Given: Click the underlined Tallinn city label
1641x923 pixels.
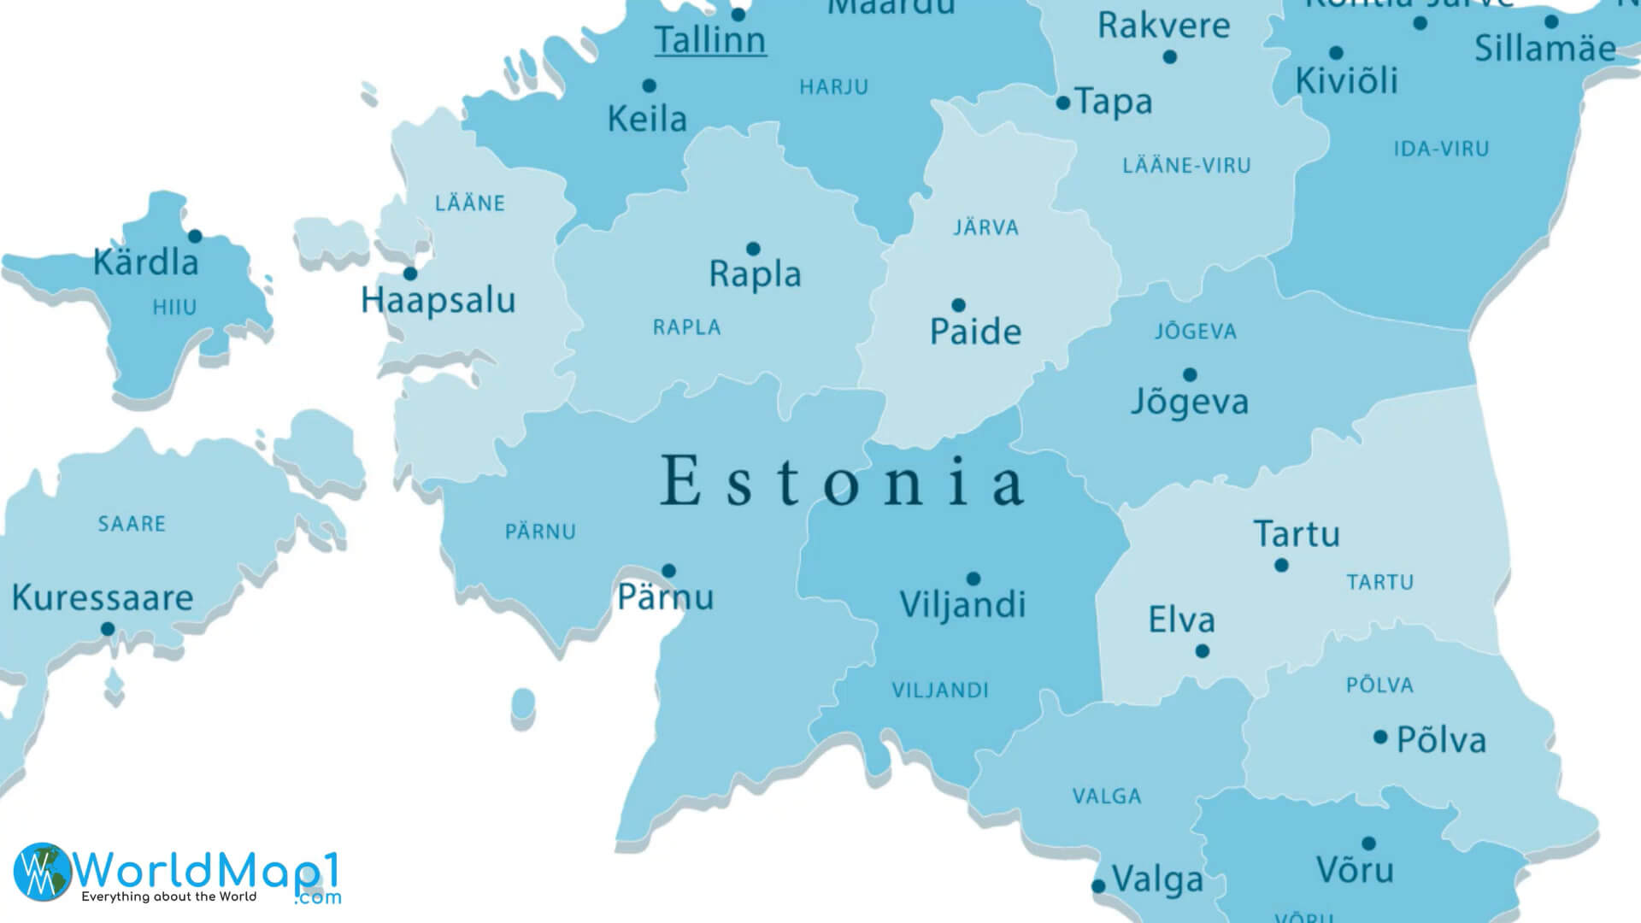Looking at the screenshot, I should [x=709, y=40].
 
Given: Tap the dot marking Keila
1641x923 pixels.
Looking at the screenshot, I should [x=649, y=85].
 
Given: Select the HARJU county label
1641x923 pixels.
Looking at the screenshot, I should [x=833, y=87].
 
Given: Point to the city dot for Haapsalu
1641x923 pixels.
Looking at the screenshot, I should [x=410, y=273].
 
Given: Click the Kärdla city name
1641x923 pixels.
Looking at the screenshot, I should [x=145, y=262].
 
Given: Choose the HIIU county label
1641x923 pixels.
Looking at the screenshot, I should [x=174, y=308].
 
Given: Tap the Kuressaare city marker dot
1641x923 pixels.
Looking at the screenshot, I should [x=108, y=629].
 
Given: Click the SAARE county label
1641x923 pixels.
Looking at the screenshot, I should [x=132, y=524].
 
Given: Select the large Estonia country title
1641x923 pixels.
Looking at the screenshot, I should [x=842, y=481].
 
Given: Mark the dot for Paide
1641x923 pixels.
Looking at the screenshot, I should [x=958, y=305].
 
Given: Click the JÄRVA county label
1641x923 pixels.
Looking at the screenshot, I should [x=985, y=228].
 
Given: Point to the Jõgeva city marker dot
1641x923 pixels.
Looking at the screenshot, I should [x=1189, y=374].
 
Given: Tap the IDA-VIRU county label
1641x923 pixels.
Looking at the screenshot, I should [x=1441, y=150].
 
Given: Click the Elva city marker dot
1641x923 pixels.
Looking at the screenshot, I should [x=1202, y=651].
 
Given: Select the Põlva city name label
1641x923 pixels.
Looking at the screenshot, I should [x=1441, y=740].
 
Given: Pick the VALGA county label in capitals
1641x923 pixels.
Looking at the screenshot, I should [x=1107, y=797].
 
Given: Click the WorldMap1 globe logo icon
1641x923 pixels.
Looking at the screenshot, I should [x=42, y=872].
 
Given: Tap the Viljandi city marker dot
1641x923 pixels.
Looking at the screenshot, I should [x=973, y=579].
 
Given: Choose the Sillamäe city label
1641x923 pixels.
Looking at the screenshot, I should [x=1544, y=49].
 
